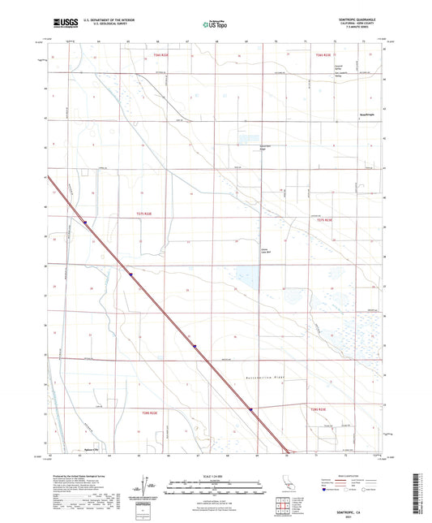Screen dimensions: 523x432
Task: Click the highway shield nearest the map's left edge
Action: click(83, 218)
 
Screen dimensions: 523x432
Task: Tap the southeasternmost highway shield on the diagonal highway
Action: click(253, 411)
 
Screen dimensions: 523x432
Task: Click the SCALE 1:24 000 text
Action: click(215, 475)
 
